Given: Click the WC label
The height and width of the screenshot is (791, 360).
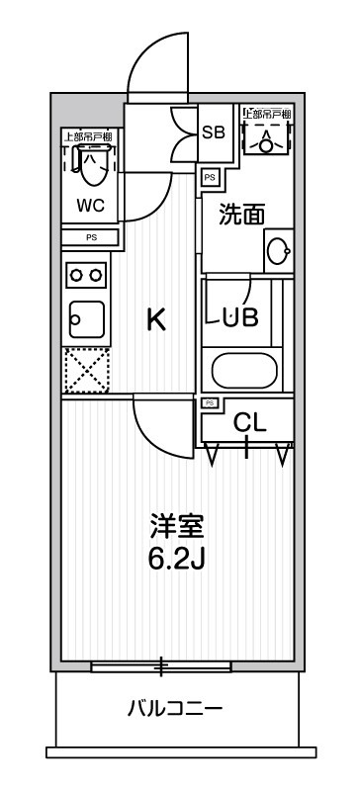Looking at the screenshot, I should coord(90,207).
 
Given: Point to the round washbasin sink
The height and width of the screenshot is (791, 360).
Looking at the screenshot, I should coord(278,252).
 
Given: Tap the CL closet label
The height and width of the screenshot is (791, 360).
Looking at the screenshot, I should coord(250,423).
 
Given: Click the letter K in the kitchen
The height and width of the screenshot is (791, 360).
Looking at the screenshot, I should coord(156,319).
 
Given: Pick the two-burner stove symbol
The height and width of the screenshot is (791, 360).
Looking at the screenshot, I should coord(86,274).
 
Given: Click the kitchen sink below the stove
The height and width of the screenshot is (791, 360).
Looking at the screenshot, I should coord(86,317).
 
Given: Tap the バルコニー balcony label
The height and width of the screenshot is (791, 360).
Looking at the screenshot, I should coord(175,708).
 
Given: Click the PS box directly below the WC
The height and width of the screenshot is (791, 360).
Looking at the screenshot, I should coord(91,237).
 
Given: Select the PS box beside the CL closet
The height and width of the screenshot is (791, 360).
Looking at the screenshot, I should coord(211,402).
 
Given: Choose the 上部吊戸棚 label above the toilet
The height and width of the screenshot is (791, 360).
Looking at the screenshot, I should coord(90,136).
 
